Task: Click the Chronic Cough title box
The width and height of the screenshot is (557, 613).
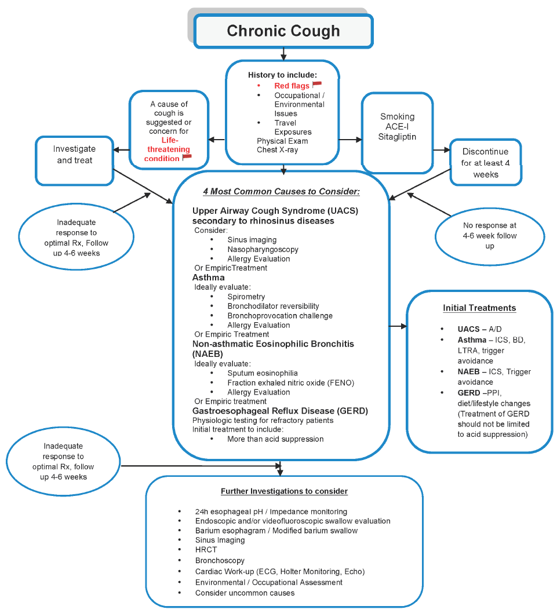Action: [x=283, y=31]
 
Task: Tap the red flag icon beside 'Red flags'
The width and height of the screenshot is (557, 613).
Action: [x=317, y=85]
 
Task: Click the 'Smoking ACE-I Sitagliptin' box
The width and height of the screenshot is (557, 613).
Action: [x=398, y=126]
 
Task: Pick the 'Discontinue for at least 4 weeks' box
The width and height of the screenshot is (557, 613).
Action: [x=486, y=163]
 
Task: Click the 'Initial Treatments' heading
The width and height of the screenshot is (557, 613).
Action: [x=479, y=308]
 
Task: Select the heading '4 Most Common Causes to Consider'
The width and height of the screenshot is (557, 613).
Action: [x=282, y=191]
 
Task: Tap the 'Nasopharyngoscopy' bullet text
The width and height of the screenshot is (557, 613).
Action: [x=263, y=250]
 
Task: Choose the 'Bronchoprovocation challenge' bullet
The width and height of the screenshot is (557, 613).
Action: [x=280, y=316]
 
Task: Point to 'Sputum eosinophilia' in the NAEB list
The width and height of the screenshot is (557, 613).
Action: [x=263, y=373]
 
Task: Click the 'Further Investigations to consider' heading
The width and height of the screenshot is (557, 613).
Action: [x=284, y=491]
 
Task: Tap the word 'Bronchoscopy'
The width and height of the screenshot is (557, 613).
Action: [x=220, y=560]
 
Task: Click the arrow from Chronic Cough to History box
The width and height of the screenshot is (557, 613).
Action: [x=283, y=54]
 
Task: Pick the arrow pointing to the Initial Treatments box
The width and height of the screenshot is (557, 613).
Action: [x=398, y=327]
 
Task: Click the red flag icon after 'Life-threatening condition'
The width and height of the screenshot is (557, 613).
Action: [x=187, y=157]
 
